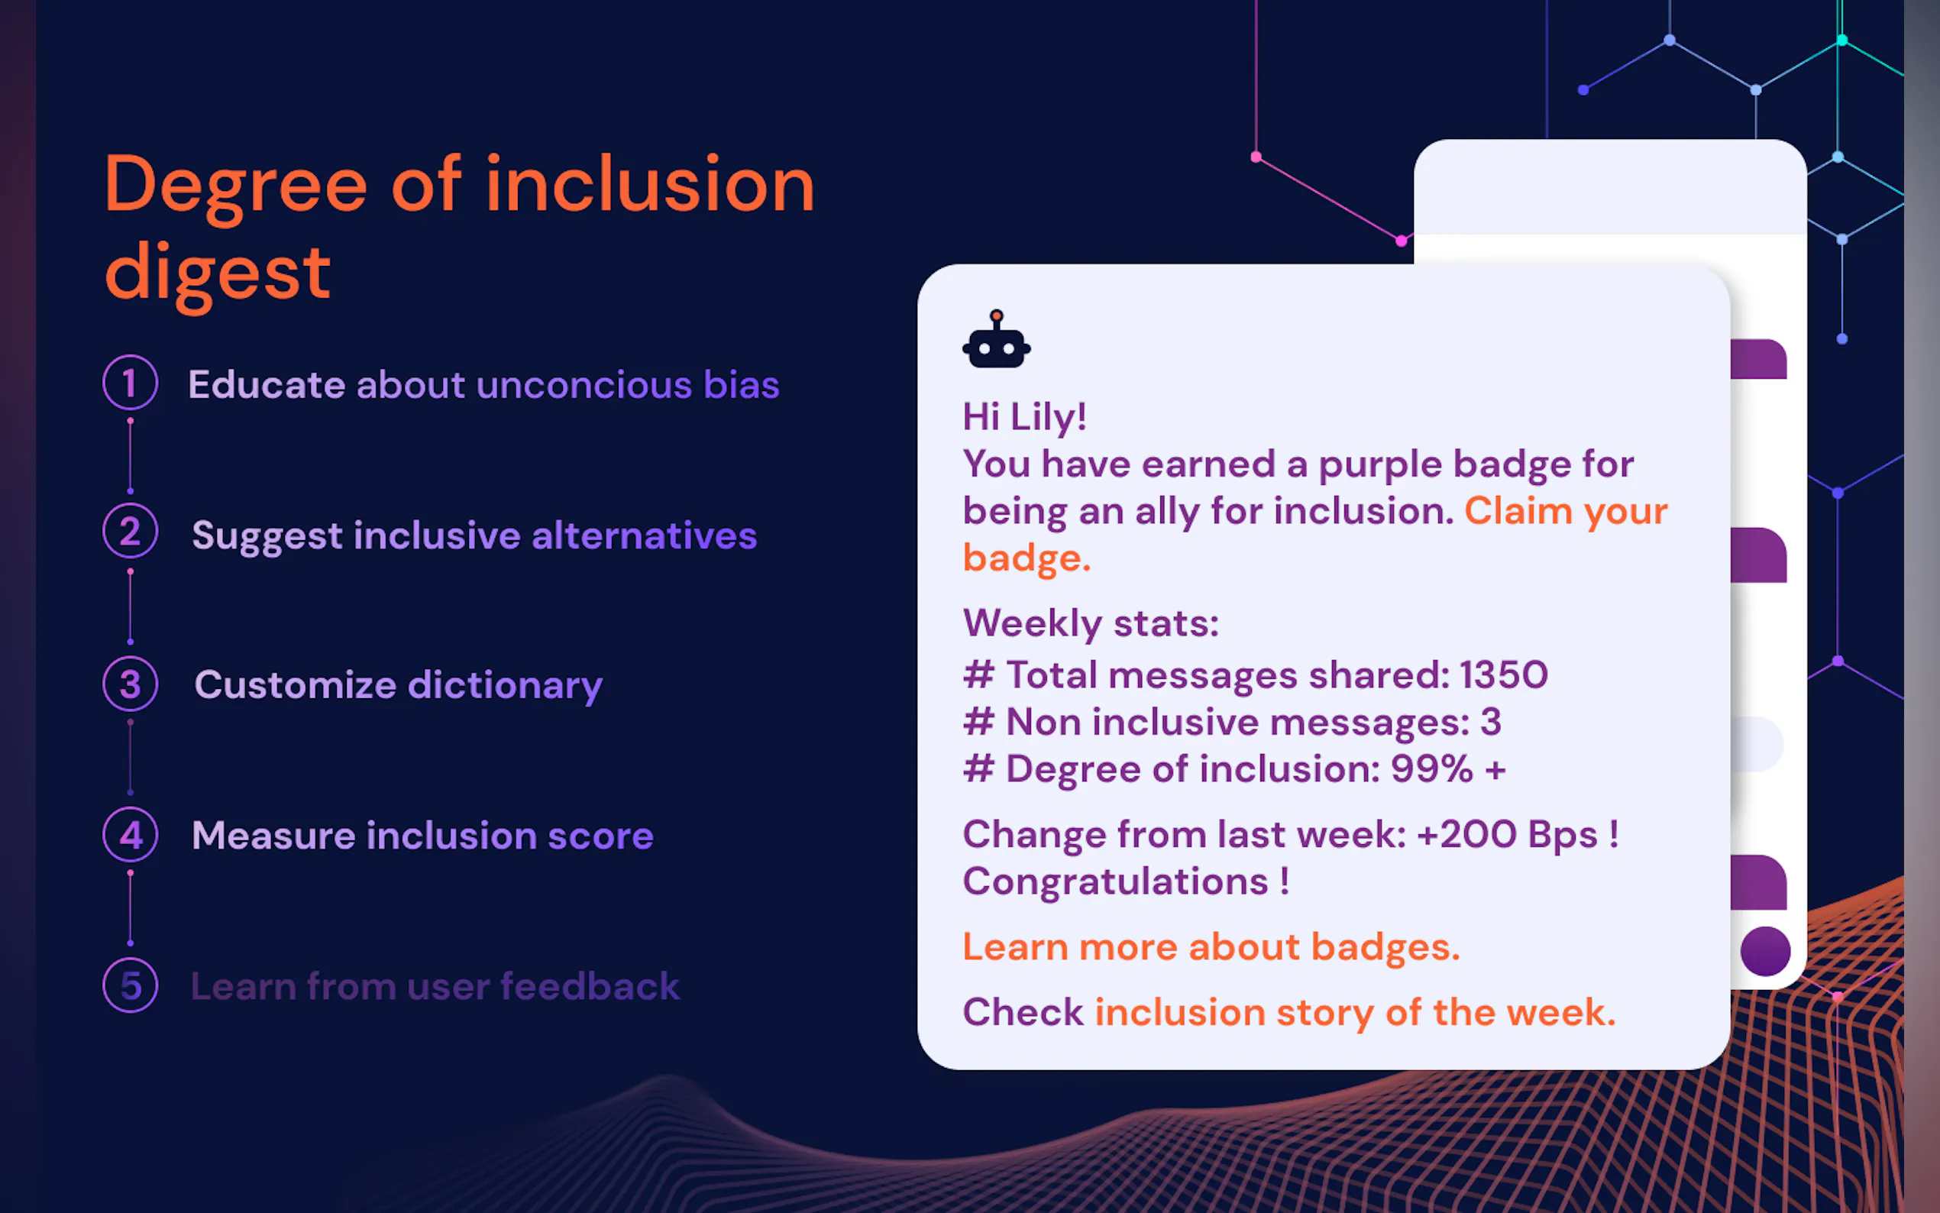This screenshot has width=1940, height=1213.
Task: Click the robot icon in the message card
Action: coord(996,339)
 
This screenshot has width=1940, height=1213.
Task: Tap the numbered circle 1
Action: coord(130,382)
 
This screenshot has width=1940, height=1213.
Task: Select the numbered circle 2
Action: coord(130,531)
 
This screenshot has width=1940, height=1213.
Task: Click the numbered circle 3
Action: coord(130,684)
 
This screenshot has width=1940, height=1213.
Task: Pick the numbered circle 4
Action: coord(130,834)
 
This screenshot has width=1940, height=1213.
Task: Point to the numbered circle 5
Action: coord(130,985)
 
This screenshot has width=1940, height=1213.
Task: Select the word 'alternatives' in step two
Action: coord(644,535)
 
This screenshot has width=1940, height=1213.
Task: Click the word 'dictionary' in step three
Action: coord(506,687)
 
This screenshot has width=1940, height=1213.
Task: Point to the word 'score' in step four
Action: coord(600,836)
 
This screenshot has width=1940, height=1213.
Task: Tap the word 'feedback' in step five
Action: coord(590,986)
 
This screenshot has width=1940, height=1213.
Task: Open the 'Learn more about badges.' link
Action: coord(1211,947)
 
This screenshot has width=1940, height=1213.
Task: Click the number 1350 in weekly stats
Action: coord(1504,674)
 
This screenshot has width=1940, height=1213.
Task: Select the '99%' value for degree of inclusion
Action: coord(1431,768)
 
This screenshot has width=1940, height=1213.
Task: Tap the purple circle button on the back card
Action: coord(1765,951)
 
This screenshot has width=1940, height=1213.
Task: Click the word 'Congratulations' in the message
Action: coord(1116,882)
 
